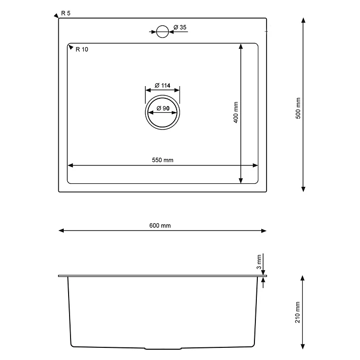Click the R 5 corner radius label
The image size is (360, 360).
click(x=66, y=13)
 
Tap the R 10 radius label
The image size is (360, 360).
click(x=82, y=49)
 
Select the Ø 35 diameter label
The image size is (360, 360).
click(x=180, y=27)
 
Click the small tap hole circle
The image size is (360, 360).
click(x=162, y=32)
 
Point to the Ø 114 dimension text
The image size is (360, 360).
click(x=162, y=86)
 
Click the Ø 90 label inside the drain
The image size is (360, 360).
click(x=163, y=108)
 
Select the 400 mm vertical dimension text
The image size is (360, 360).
click(x=236, y=112)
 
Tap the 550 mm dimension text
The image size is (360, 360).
click(x=162, y=160)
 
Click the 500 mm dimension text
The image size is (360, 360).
click(x=298, y=108)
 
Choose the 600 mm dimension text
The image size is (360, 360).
click(x=160, y=226)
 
